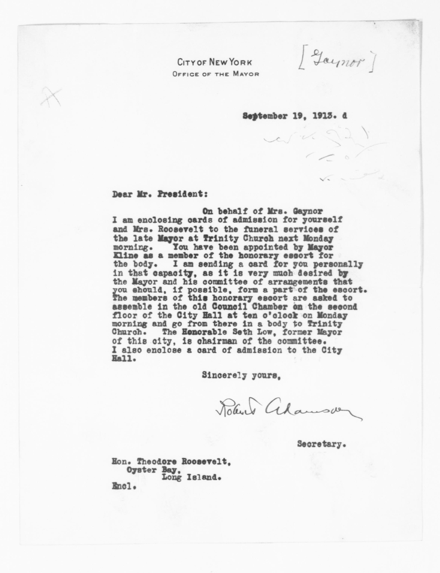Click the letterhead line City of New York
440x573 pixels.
point(215,63)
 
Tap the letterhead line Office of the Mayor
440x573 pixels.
point(216,74)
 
